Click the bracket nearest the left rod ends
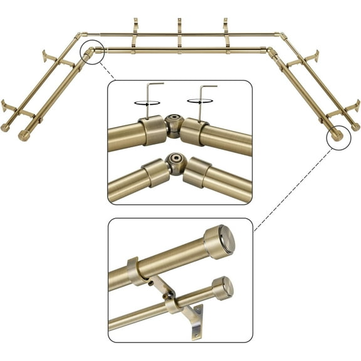(x=16, y=110)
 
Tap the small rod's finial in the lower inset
(x=222, y=288)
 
